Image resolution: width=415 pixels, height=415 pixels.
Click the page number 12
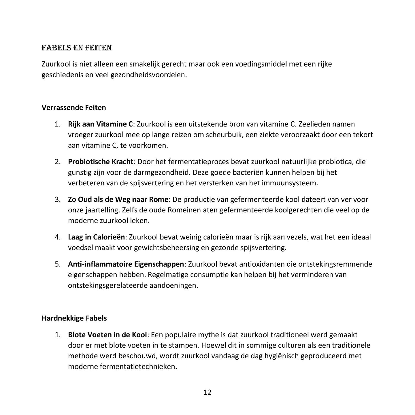207,392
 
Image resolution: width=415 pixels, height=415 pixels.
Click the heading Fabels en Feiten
76,48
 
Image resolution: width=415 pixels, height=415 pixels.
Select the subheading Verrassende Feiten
74,107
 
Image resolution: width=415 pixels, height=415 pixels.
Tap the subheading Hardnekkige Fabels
74,318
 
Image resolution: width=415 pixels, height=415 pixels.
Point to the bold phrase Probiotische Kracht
100,162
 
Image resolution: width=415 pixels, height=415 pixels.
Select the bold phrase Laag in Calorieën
96,237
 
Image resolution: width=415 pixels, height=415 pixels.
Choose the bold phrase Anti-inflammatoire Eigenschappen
126,264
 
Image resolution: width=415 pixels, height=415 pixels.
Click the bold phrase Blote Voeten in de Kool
107,335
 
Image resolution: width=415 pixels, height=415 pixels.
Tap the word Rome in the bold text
158,199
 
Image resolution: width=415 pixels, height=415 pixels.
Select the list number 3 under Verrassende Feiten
58,199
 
